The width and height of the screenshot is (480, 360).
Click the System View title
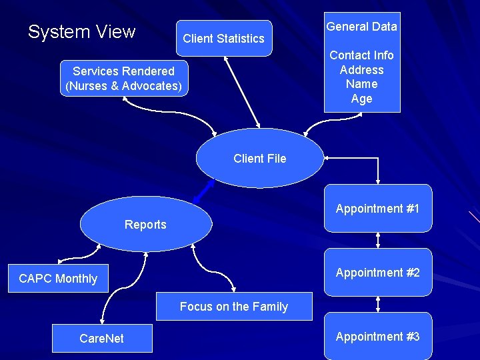(81, 32)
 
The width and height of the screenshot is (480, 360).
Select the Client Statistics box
(223, 39)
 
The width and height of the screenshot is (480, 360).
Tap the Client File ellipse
(259, 159)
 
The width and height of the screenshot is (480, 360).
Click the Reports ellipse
(145, 225)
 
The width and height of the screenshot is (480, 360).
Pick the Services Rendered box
(123, 79)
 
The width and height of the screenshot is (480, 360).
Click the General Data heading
(361, 27)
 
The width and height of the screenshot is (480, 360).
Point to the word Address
(361, 70)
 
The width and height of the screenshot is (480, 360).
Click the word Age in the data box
(361, 99)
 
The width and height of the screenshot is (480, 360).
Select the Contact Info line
(361, 55)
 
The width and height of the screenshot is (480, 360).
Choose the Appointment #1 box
(377, 209)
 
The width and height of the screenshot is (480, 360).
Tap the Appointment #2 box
(377, 273)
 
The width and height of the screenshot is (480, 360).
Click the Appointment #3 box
(377, 337)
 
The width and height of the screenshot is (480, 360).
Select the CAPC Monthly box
(58, 279)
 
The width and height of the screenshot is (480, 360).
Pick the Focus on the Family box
(233, 307)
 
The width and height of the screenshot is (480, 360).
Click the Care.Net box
(101, 339)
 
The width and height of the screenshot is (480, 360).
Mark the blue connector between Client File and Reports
(203, 192)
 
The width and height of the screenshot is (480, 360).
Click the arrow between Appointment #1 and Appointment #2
(378, 240)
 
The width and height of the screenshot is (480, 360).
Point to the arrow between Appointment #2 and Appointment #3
(378, 304)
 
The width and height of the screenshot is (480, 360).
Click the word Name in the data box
(361, 85)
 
